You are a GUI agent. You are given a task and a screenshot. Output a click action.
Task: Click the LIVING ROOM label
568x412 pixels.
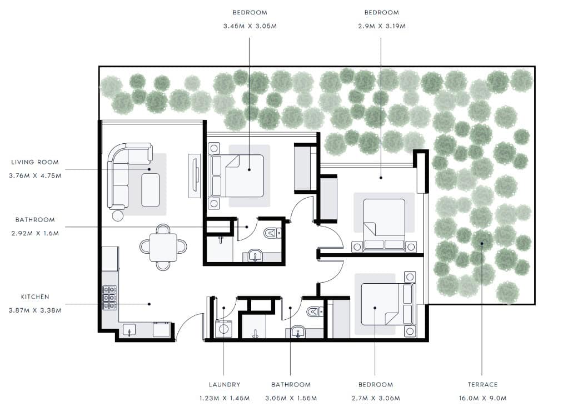coord(35,162)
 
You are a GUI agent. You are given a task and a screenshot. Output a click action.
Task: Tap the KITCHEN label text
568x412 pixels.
coord(35,297)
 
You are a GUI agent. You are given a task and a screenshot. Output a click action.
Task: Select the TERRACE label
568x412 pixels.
coord(482,384)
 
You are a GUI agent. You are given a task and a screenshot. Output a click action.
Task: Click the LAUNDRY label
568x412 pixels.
coord(225,384)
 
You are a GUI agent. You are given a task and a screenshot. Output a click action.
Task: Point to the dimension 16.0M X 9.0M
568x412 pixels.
coord(482,398)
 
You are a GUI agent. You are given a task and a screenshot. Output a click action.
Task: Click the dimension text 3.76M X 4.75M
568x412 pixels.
coord(35,175)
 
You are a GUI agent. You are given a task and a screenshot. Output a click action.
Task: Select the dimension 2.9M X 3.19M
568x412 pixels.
coord(382,26)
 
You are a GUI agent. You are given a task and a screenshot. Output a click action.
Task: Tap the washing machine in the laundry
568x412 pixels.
coord(223,329)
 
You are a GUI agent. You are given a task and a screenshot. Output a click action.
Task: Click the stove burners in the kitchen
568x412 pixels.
coord(109,298)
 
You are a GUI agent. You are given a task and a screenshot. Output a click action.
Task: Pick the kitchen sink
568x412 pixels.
coord(129,330)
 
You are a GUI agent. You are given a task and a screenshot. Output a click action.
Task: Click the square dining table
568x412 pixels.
coord(163,247)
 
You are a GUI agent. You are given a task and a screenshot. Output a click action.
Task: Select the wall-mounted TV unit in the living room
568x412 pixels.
coord(195,176)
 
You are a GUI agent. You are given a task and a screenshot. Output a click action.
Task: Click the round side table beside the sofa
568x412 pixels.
coord(118,216)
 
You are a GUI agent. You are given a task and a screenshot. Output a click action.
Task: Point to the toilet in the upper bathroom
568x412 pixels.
coord(272,233)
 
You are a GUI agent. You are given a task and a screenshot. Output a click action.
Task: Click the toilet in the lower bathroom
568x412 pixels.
coord(315,311)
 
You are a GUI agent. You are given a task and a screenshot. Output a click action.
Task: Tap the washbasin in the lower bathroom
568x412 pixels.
coord(298,331)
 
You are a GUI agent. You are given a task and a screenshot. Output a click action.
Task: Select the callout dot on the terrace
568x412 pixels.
coord(482,244)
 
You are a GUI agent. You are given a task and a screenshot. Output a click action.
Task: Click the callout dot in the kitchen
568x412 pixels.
coord(150,304)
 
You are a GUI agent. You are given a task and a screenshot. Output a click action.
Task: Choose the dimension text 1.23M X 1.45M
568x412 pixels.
coord(225,398)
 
